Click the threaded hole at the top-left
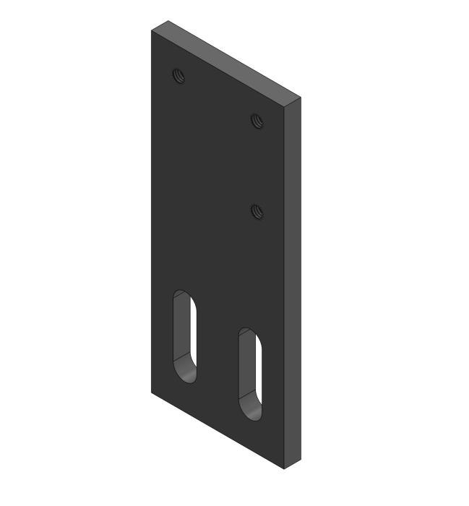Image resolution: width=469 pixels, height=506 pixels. pyautogui.click(x=178, y=74)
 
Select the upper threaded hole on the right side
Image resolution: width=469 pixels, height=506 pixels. pyautogui.click(x=257, y=120)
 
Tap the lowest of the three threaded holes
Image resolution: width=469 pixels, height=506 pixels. pyautogui.click(x=257, y=211)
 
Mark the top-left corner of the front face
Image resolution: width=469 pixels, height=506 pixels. pyautogui.click(x=152, y=31)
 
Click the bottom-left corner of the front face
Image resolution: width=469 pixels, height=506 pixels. pyautogui.click(x=152, y=393)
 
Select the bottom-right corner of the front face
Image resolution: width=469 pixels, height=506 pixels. pyautogui.click(x=283, y=469)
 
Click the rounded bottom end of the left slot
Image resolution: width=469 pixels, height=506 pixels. pyautogui.click(x=187, y=377)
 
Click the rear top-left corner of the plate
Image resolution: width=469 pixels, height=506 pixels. pyautogui.click(x=168, y=21)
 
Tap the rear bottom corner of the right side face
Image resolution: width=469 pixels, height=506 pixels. pyautogui.click(x=299, y=459)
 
